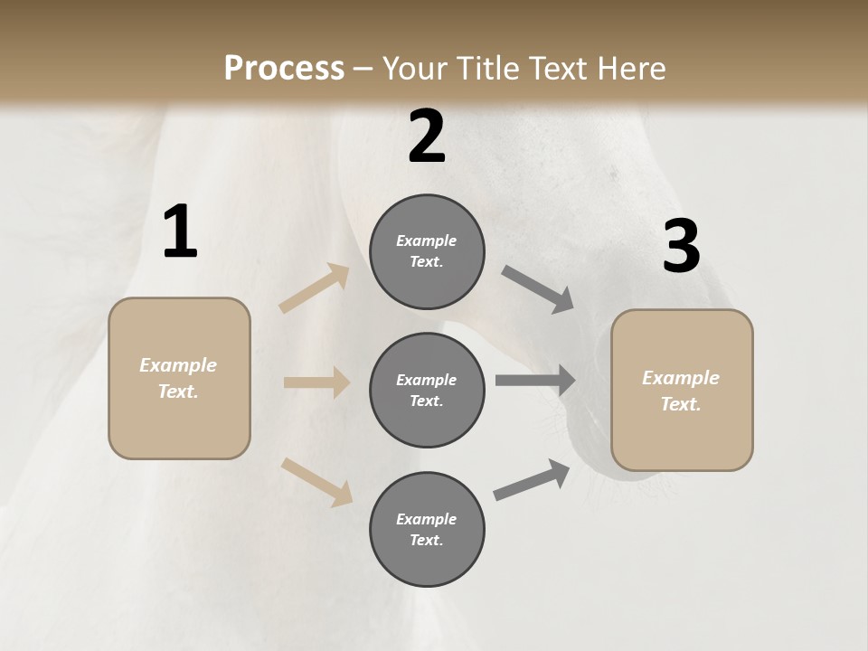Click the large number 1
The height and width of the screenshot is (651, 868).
point(180,232)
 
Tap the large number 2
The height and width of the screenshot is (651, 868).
point(427,137)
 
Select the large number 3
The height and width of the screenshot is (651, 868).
point(682,247)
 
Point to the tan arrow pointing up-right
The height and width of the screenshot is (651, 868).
point(315,288)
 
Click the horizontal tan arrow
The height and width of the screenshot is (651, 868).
point(316,382)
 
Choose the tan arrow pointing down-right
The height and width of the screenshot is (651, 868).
point(316,481)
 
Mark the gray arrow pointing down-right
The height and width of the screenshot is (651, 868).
point(538,289)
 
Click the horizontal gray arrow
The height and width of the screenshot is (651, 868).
point(534,381)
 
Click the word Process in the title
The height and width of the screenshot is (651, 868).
point(284,68)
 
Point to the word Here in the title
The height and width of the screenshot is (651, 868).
point(631,68)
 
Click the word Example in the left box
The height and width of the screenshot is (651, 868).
point(178,365)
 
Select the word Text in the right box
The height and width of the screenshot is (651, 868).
point(680,404)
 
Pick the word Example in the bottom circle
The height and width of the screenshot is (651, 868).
point(427,519)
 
